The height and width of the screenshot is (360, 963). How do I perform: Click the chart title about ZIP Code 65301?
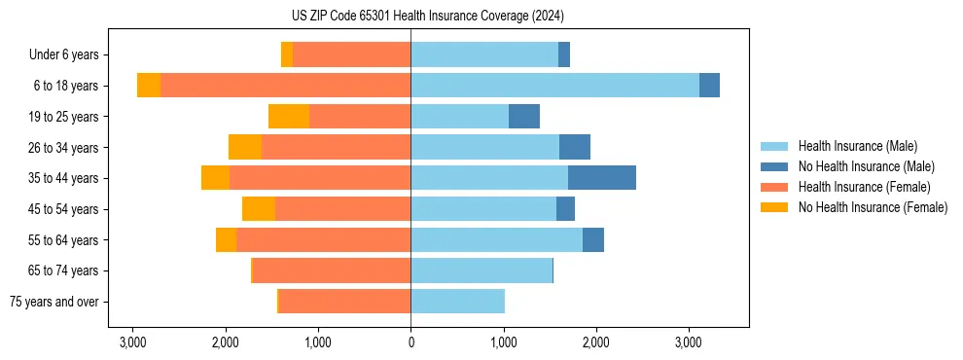coord(427,17)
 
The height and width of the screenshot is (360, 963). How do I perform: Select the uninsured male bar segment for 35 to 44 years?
coord(601,178)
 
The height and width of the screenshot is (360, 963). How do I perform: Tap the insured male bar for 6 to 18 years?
coord(554,86)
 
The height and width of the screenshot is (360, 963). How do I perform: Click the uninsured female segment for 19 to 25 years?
coord(289,117)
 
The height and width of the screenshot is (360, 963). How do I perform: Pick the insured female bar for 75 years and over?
coord(344,302)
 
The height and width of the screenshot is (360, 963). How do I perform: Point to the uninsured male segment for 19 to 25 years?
coord(524,117)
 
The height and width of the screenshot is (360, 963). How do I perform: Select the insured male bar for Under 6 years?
coord(484,55)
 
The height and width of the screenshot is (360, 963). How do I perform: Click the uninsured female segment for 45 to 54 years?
coord(259,209)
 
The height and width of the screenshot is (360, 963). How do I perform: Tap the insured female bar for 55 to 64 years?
coord(323,240)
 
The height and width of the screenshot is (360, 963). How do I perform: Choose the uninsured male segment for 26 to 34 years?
coord(575,148)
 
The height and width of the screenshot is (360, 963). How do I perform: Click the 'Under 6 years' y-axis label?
coord(70,55)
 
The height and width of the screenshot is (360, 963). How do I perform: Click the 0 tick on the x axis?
coord(410,342)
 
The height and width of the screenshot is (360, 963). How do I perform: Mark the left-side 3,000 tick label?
coord(132,342)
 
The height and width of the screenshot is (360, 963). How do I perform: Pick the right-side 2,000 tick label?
coord(595,342)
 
